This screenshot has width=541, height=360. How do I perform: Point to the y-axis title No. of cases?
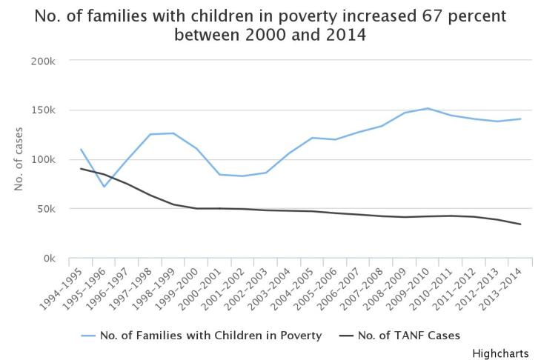point(19,159)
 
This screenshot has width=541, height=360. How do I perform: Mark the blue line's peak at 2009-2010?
point(428,108)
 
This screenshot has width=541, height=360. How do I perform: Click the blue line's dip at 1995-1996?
point(104,187)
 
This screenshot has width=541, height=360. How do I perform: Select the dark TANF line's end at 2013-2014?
point(520,224)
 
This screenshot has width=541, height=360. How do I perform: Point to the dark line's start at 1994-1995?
point(81,169)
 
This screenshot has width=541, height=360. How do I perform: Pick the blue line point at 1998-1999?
point(173,133)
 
